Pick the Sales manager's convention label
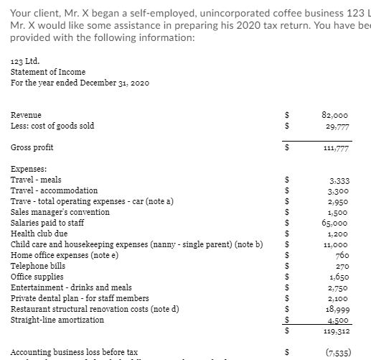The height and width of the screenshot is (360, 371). [x=60, y=212]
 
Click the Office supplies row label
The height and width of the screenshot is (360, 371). [x=37, y=277]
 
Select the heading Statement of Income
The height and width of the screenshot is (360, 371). [x=48, y=71]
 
